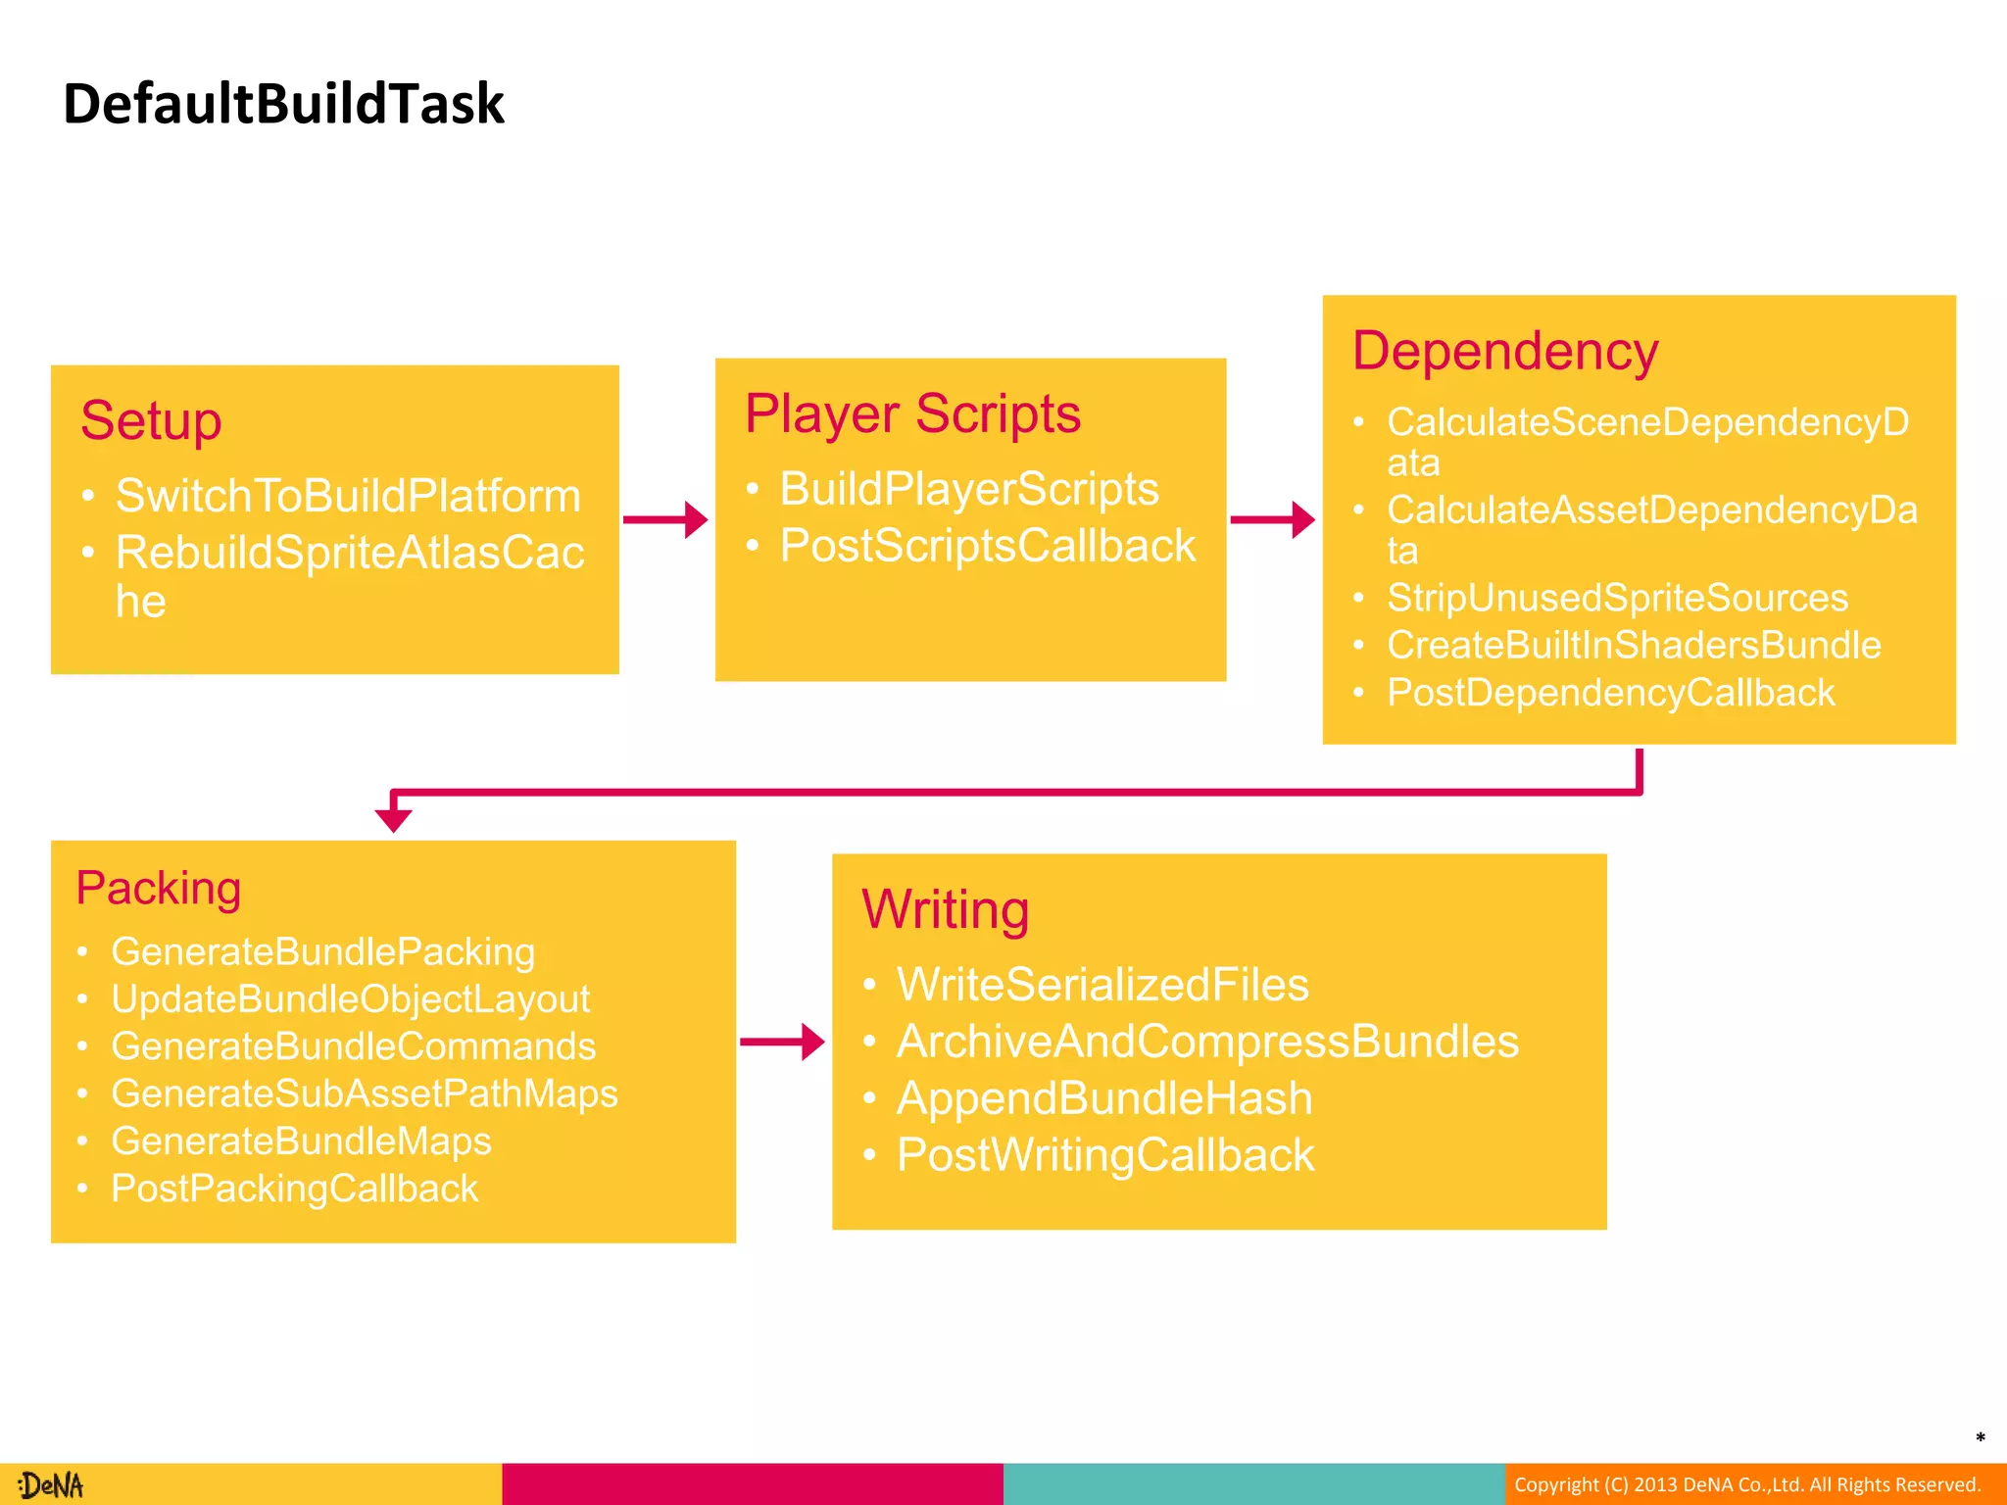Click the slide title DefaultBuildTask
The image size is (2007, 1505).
coord(283,104)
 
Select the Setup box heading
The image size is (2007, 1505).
coord(151,421)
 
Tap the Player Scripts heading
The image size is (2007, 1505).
coord(912,413)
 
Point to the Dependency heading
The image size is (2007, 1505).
coord(1504,351)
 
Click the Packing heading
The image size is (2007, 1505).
coord(159,889)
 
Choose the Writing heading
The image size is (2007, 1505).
coord(945,909)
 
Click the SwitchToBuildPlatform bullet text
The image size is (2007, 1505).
coord(348,496)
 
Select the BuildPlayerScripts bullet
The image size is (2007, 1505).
coord(968,489)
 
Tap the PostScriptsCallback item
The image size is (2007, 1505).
coord(987,546)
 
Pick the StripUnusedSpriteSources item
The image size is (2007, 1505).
coord(1617,598)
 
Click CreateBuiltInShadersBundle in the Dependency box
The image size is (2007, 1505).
coord(1634,646)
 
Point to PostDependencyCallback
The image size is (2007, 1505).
coord(1610,693)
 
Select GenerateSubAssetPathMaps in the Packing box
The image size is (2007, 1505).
coord(365,1093)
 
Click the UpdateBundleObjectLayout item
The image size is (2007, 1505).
coord(351,999)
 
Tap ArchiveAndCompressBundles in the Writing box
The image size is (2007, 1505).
coord(1207,1042)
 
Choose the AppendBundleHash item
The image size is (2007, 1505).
coord(1104,1098)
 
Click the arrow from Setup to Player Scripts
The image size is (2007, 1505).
coord(665,519)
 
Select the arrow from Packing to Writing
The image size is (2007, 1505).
coord(782,1042)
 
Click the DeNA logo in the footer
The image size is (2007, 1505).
coord(51,1485)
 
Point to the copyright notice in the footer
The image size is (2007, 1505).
coord(1747,1484)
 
